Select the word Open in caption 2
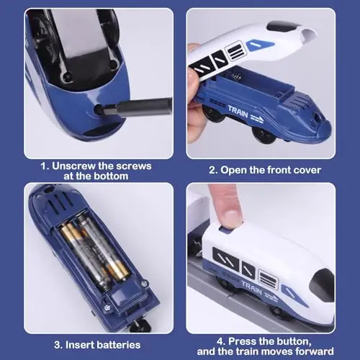(233, 171)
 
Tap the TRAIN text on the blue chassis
(238, 112)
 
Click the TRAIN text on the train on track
(251, 287)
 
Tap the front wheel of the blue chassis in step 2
(264, 135)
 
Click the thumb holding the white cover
(194, 79)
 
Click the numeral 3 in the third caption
(57, 345)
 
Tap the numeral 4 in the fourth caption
(220, 341)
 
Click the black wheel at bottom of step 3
(141, 325)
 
